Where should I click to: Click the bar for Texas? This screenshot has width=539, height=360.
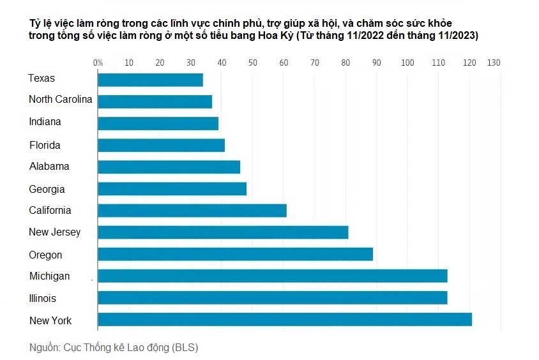coord(150,80)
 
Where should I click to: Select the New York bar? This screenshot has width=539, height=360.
coord(284,320)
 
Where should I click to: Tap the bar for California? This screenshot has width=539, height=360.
coord(192,211)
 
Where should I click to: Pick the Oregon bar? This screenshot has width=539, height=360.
coord(235,255)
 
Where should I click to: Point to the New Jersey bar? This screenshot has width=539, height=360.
coord(223,232)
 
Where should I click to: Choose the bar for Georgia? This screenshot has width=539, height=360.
coord(172,189)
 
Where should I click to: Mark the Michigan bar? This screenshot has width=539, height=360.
coord(272,276)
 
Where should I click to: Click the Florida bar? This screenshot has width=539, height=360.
coord(161,145)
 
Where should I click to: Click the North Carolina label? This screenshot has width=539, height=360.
coord(61,100)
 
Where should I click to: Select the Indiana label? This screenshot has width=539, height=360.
coord(45,122)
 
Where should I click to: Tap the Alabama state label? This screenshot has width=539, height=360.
coord(49,167)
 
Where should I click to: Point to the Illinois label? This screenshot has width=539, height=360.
coord(43,299)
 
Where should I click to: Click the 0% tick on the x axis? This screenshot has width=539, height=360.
coord(98,63)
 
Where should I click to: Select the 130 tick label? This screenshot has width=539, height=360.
coord(494,63)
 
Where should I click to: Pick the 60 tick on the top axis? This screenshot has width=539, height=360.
coord(284,63)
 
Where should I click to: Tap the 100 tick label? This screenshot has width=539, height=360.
coord(407,63)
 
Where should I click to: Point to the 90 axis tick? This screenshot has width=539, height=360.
coord(376,63)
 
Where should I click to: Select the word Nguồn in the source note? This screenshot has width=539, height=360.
coord(43,348)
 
